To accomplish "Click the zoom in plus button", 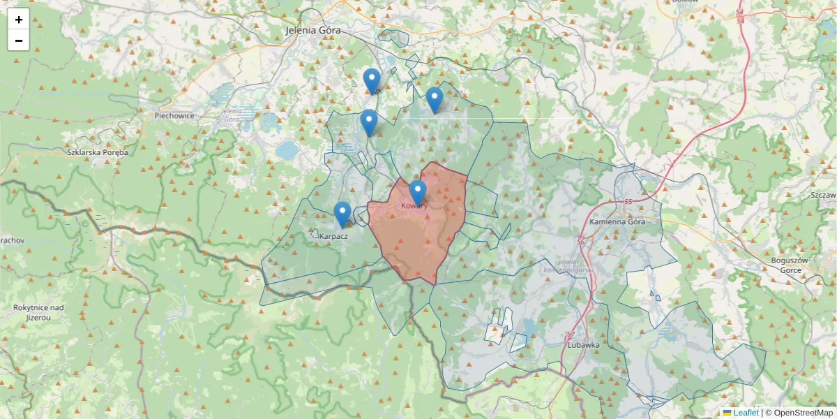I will click(x=19, y=20).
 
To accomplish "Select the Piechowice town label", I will click(x=174, y=116).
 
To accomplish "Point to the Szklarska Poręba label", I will click(x=98, y=152).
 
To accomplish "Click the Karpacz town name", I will click(x=333, y=236).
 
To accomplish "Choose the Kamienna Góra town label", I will click(x=617, y=221).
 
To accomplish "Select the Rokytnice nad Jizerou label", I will click(x=39, y=312).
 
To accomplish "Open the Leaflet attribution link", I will click(x=746, y=413).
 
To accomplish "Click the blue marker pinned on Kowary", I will click(x=418, y=191).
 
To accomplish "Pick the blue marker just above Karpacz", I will click(x=342, y=213).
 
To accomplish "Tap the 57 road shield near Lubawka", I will click(x=572, y=335).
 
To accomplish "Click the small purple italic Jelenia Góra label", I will click(x=230, y=115).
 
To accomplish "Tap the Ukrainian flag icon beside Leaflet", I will click(x=727, y=413).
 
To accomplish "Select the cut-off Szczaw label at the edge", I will click(x=824, y=195).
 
